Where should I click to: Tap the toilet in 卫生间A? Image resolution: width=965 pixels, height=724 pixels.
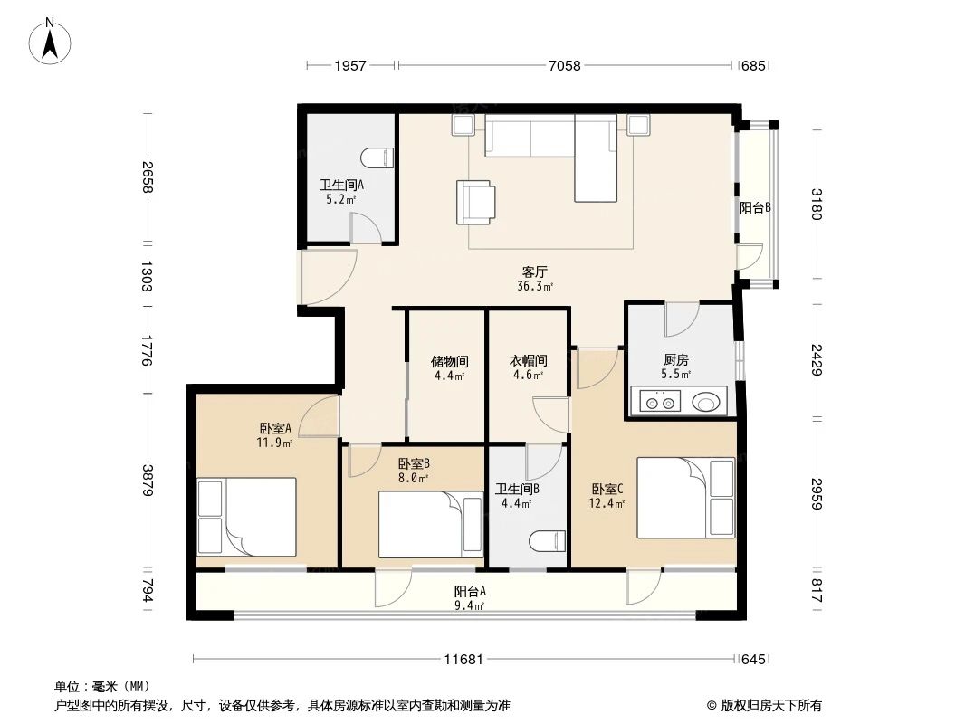(378, 157)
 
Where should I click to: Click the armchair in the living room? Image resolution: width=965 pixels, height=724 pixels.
(476, 202)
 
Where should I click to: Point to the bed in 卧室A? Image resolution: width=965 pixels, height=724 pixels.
(248, 517)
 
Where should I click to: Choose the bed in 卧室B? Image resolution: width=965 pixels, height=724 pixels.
(430, 524)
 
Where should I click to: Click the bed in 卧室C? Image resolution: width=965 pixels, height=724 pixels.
(686, 498)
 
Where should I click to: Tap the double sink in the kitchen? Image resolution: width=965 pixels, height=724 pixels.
(658, 401)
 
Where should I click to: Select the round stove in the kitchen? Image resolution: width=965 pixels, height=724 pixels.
(708, 400)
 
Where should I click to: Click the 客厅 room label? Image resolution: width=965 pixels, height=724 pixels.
(535, 271)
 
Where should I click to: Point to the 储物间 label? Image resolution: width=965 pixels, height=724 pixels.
(448, 360)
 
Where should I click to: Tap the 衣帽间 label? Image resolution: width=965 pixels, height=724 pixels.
(528, 360)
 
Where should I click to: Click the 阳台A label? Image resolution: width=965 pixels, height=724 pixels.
(470, 592)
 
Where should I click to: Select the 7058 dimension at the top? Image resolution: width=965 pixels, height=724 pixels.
(565, 65)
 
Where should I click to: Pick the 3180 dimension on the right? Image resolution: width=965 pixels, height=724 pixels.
(818, 205)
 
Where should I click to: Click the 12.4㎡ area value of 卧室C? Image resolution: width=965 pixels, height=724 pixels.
(607, 504)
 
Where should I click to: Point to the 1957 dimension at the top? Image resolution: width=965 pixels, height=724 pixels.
(350, 65)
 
